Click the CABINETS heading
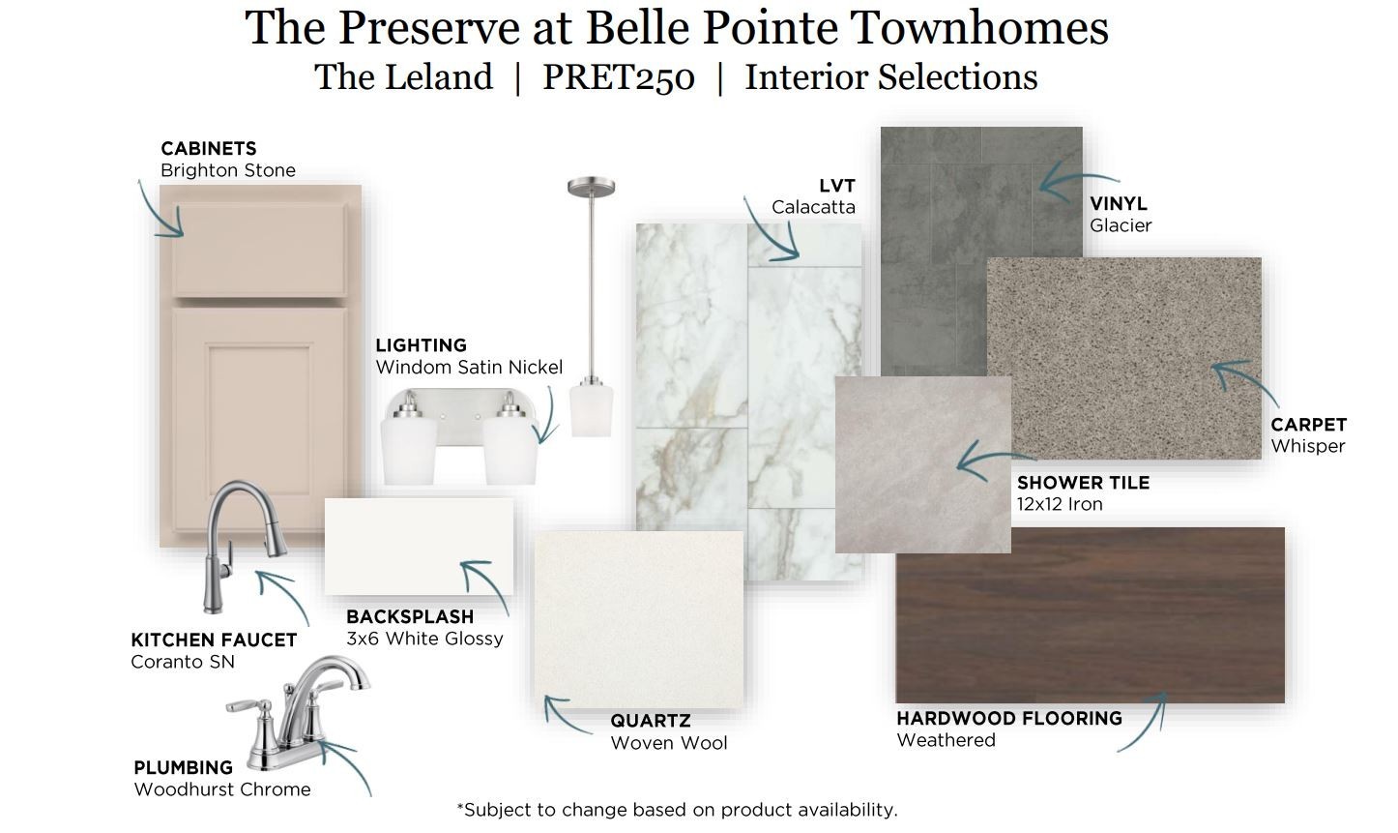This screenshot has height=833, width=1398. click(209, 149)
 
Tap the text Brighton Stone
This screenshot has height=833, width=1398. click(228, 170)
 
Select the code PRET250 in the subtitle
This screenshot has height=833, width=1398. click(619, 77)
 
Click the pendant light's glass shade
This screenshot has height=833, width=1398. click(591, 411)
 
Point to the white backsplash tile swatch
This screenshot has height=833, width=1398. click(419, 547)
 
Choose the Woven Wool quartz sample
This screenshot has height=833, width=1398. click(639, 619)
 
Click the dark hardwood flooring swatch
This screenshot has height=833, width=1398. click(1090, 615)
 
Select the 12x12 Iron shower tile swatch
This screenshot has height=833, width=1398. click(922, 464)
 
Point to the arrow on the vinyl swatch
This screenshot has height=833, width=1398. click(1072, 182)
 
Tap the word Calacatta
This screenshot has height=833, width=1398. click(813, 207)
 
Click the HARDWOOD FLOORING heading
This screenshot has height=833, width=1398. click(1009, 719)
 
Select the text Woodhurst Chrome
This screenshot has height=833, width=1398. click(222, 789)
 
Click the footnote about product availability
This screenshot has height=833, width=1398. click(677, 810)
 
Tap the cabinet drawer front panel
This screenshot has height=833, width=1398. click(259, 250)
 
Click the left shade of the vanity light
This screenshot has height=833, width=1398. click(409, 451)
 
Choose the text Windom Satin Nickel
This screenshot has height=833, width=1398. click(469, 368)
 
